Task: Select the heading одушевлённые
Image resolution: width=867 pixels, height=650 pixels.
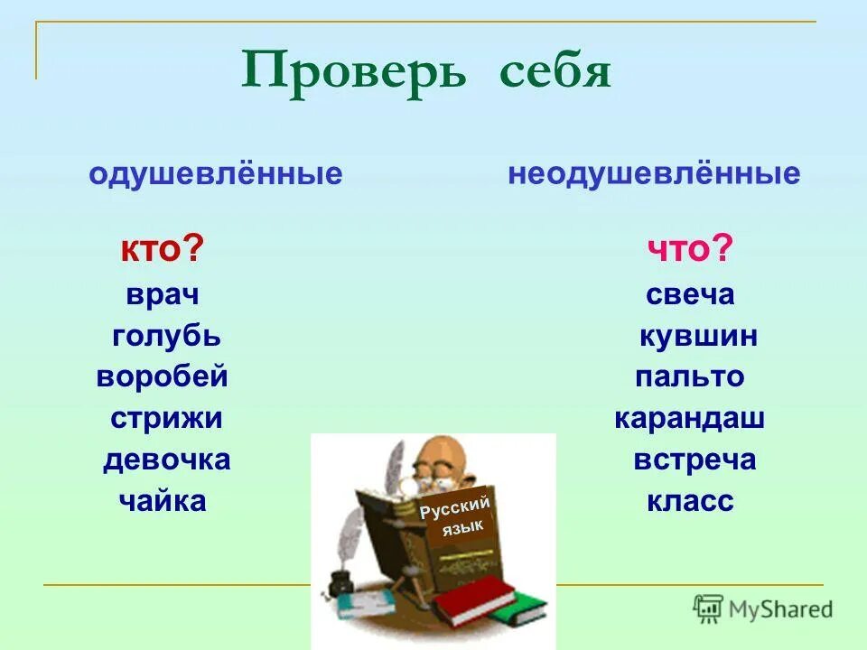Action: click(x=216, y=174)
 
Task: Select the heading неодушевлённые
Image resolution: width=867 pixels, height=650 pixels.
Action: click(x=654, y=173)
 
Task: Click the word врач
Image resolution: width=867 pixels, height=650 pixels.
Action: click(x=163, y=294)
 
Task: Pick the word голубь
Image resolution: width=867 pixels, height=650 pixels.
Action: click(x=167, y=337)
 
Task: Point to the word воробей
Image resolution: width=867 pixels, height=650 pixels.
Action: click(x=163, y=376)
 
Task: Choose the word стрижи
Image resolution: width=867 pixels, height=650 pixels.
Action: click(x=167, y=419)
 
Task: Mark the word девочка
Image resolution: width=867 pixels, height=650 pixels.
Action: click(x=166, y=460)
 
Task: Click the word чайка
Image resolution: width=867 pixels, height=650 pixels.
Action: click(x=163, y=501)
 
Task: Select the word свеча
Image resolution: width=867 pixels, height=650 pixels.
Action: click(x=691, y=294)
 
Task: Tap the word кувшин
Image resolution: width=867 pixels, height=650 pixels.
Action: click(x=698, y=337)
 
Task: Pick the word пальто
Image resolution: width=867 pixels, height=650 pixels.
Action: click(x=689, y=376)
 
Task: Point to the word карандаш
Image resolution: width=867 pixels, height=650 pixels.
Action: click(x=690, y=419)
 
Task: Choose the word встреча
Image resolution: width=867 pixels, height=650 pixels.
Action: click(x=695, y=460)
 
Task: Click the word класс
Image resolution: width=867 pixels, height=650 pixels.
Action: click(x=690, y=501)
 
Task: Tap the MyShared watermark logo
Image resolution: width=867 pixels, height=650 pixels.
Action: click(x=763, y=608)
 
